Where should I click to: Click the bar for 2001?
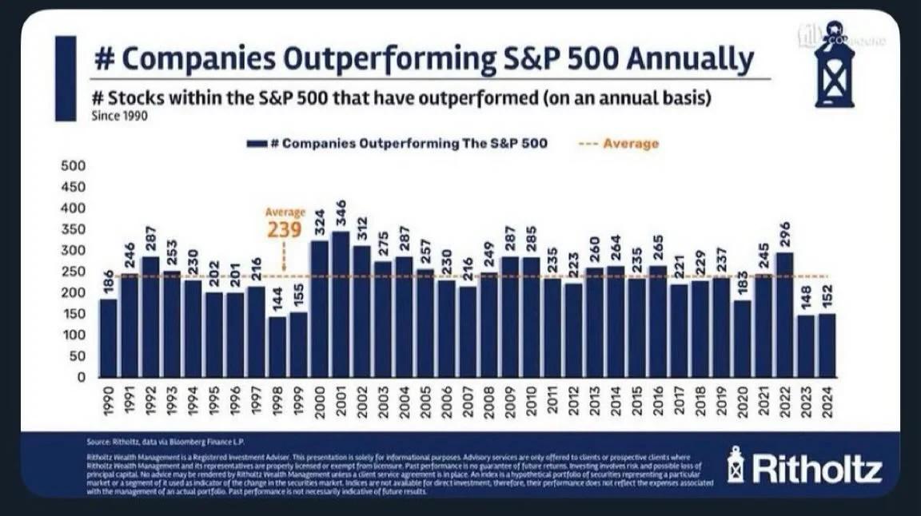[x=341, y=304]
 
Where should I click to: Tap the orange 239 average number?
[x=285, y=231]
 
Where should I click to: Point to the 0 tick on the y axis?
[x=81, y=377]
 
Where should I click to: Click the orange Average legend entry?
[x=620, y=144]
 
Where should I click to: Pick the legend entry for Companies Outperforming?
[x=400, y=144]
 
